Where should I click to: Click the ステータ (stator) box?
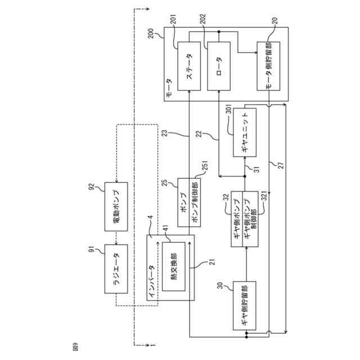pyautogui.click(x=189, y=66)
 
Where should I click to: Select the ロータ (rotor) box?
pyautogui.click(x=219, y=66)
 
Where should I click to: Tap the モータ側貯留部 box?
pyautogui.click(x=268, y=66)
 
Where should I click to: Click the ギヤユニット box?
pyautogui.click(x=245, y=133)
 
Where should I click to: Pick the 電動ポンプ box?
pyautogui.click(x=116, y=206)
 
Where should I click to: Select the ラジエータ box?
pyautogui.click(x=116, y=269)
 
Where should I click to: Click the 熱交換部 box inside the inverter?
pyautogui.click(x=174, y=267)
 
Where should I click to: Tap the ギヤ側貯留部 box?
pyautogui.click(x=245, y=305)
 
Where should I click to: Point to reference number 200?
pyautogui.click(x=151, y=33)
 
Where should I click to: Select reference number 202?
pyautogui.click(x=202, y=20)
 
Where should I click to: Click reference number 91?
pyautogui.click(x=92, y=249)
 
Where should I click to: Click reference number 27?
pyautogui.click(x=281, y=165)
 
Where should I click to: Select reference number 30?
pyautogui.click(x=220, y=285)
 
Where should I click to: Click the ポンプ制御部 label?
pyautogui.click(x=195, y=203)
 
